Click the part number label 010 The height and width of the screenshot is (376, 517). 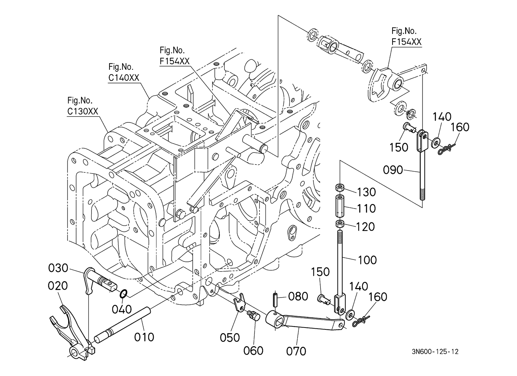click(144, 337)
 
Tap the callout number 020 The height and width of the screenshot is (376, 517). click(58, 286)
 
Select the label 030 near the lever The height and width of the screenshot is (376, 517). click(58, 268)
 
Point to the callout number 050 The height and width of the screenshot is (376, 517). click(230, 337)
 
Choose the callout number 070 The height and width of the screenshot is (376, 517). click(296, 351)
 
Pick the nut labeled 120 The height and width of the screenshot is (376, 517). click(340, 225)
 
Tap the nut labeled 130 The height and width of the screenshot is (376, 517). click(340, 187)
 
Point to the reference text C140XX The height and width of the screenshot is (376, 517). click(124, 78)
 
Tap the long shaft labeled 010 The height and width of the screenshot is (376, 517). click(124, 324)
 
